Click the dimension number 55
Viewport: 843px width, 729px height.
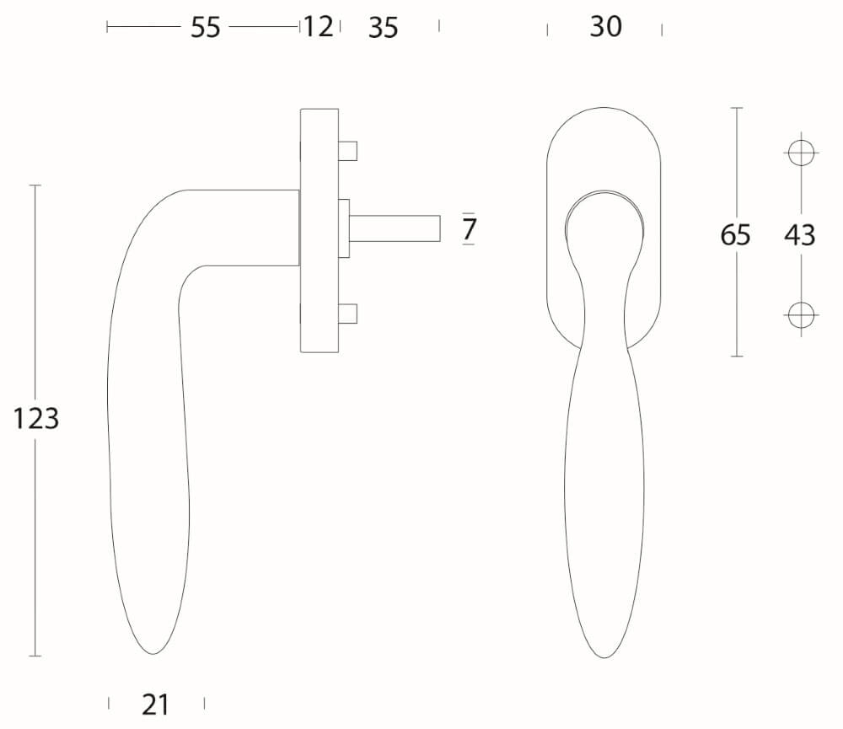206,27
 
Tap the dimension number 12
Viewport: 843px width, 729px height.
319,27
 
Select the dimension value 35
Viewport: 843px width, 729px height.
384,28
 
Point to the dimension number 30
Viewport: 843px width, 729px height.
606,26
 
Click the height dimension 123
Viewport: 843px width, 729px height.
35,419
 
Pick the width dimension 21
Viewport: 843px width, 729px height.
155,705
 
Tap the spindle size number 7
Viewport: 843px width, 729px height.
469,229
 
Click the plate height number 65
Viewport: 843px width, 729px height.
735,235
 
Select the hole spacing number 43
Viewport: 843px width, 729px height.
799,235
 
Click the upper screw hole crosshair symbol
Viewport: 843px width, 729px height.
801,153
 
